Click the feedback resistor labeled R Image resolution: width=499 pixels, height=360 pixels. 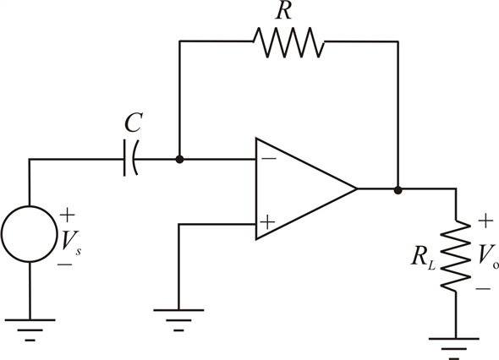click(x=288, y=41)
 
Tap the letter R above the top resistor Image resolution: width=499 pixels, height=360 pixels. click(x=284, y=11)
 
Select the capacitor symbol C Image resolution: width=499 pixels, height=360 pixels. click(x=131, y=158)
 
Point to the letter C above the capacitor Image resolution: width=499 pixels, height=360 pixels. click(x=133, y=123)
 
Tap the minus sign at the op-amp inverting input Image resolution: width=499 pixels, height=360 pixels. click(x=270, y=158)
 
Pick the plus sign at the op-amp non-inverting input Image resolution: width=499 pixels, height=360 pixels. click(x=267, y=222)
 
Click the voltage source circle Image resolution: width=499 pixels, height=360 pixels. click(x=30, y=234)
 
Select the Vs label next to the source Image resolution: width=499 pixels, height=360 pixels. click(x=71, y=242)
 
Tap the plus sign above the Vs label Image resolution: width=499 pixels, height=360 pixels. click(x=67, y=215)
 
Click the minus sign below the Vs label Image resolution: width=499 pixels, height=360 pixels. click(x=64, y=265)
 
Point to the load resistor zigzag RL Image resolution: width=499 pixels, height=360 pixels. click(x=455, y=255)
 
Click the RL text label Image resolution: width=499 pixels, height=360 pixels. click(x=423, y=257)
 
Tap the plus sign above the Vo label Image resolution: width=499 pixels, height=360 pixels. click(x=485, y=221)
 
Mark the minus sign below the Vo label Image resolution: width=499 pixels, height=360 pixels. click(x=483, y=288)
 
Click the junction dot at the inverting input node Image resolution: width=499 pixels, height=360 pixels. click(x=180, y=159)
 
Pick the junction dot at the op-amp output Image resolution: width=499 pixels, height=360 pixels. click(x=398, y=190)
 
